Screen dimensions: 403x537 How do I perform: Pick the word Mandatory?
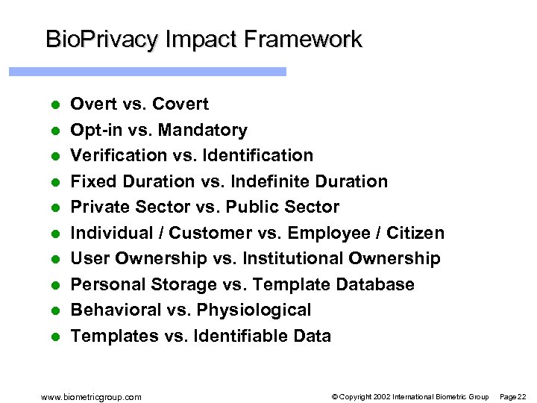click(x=204, y=130)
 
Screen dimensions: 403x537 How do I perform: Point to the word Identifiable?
click(x=238, y=336)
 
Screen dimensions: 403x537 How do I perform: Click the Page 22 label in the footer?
click(x=512, y=396)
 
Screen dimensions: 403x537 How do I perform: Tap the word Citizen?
click(x=415, y=233)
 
